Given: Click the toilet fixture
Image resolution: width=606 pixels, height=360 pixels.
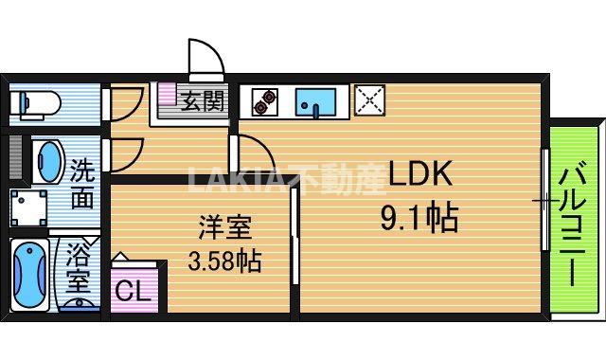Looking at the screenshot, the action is pyautogui.click(x=35, y=103).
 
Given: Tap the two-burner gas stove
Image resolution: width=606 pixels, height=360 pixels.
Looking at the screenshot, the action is pyautogui.click(x=265, y=102).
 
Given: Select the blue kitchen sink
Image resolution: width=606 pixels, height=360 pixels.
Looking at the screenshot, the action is pyautogui.click(x=315, y=102).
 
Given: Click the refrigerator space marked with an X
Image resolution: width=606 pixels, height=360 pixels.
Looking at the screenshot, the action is pyautogui.click(x=369, y=100).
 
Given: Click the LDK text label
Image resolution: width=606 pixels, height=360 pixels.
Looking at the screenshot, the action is pyautogui.click(x=420, y=173).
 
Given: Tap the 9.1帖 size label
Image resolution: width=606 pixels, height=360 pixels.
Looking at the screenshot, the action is pyautogui.click(x=419, y=219).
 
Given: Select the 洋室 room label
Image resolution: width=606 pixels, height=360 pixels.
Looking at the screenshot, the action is pyautogui.click(x=225, y=227).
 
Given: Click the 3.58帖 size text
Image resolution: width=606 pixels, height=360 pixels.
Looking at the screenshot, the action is pyautogui.click(x=224, y=261).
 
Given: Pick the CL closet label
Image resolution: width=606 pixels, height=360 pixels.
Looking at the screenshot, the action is pyautogui.click(x=133, y=291).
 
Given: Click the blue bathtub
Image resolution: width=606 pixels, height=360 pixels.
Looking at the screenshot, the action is pyautogui.click(x=29, y=275).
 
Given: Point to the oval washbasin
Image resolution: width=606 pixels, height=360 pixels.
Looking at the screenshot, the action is pyautogui.click(x=47, y=162).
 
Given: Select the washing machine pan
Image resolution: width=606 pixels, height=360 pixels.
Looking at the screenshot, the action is pyautogui.click(x=28, y=207).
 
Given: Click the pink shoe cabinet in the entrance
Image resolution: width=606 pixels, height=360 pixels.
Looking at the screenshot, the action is pyautogui.click(x=168, y=93).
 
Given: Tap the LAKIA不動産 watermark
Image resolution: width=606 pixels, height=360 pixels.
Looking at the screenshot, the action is pyautogui.click(x=287, y=179).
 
